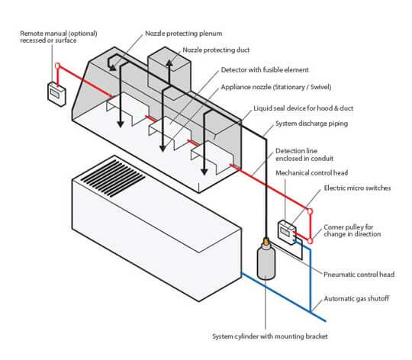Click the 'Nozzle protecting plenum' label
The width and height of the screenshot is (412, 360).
[x=183, y=34]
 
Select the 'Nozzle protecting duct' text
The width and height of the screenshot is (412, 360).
[x=216, y=50]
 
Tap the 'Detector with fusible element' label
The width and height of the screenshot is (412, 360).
[x=265, y=70]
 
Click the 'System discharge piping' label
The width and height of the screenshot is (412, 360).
[x=311, y=124]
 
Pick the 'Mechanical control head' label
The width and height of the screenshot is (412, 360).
[x=311, y=173]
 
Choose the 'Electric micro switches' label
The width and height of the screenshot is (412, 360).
[x=357, y=188]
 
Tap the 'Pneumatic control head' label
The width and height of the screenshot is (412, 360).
[x=359, y=275]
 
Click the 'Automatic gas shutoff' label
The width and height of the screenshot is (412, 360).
[x=356, y=298]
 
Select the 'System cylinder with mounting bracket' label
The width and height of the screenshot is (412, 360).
[x=270, y=336]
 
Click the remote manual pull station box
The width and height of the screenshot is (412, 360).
[x=56, y=95]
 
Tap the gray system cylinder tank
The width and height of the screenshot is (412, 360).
[x=266, y=262]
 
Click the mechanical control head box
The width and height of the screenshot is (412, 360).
[x=287, y=232]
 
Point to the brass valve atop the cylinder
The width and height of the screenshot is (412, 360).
[x=266, y=241]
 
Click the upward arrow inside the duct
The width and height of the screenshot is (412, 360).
[x=169, y=73]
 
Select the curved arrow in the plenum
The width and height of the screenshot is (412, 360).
[x=111, y=62]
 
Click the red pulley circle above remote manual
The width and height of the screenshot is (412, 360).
[x=57, y=66]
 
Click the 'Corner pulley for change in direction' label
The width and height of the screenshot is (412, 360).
[x=352, y=230]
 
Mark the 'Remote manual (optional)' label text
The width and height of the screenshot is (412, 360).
[x=59, y=34]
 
